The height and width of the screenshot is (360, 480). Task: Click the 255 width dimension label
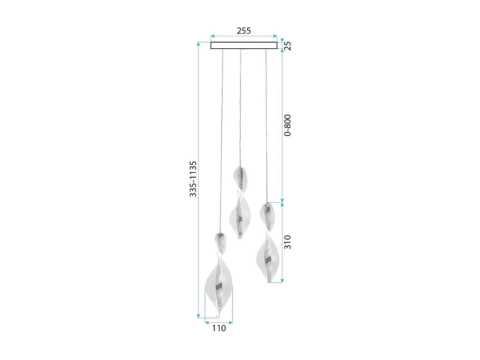pyautogui.click(x=244, y=31)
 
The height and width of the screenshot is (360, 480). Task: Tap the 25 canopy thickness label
pyautogui.click(x=288, y=46)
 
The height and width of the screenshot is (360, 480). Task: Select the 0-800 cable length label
pyautogui.click(x=288, y=125)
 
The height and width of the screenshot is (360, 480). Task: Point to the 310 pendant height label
pyautogui.click(x=288, y=242)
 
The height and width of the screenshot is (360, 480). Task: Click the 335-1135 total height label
pyautogui.click(x=193, y=179)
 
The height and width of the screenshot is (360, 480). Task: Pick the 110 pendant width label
pyautogui.click(x=219, y=328)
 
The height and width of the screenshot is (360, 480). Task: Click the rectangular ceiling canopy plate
pyautogui.click(x=244, y=45)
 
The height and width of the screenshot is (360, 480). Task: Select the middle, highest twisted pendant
pyautogui.click(x=240, y=205)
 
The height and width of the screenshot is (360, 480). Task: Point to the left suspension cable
pyautogui.click(x=221, y=141)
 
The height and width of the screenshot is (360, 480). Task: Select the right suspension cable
pyautogui.click(x=266, y=125)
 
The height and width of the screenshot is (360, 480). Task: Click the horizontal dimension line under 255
pyautogui.click(x=244, y=36)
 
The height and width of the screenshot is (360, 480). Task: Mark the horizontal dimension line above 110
pyautogui.click(x=219, y=323)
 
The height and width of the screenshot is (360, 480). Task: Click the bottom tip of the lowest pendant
pyautogui.click(x=218, y=317)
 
